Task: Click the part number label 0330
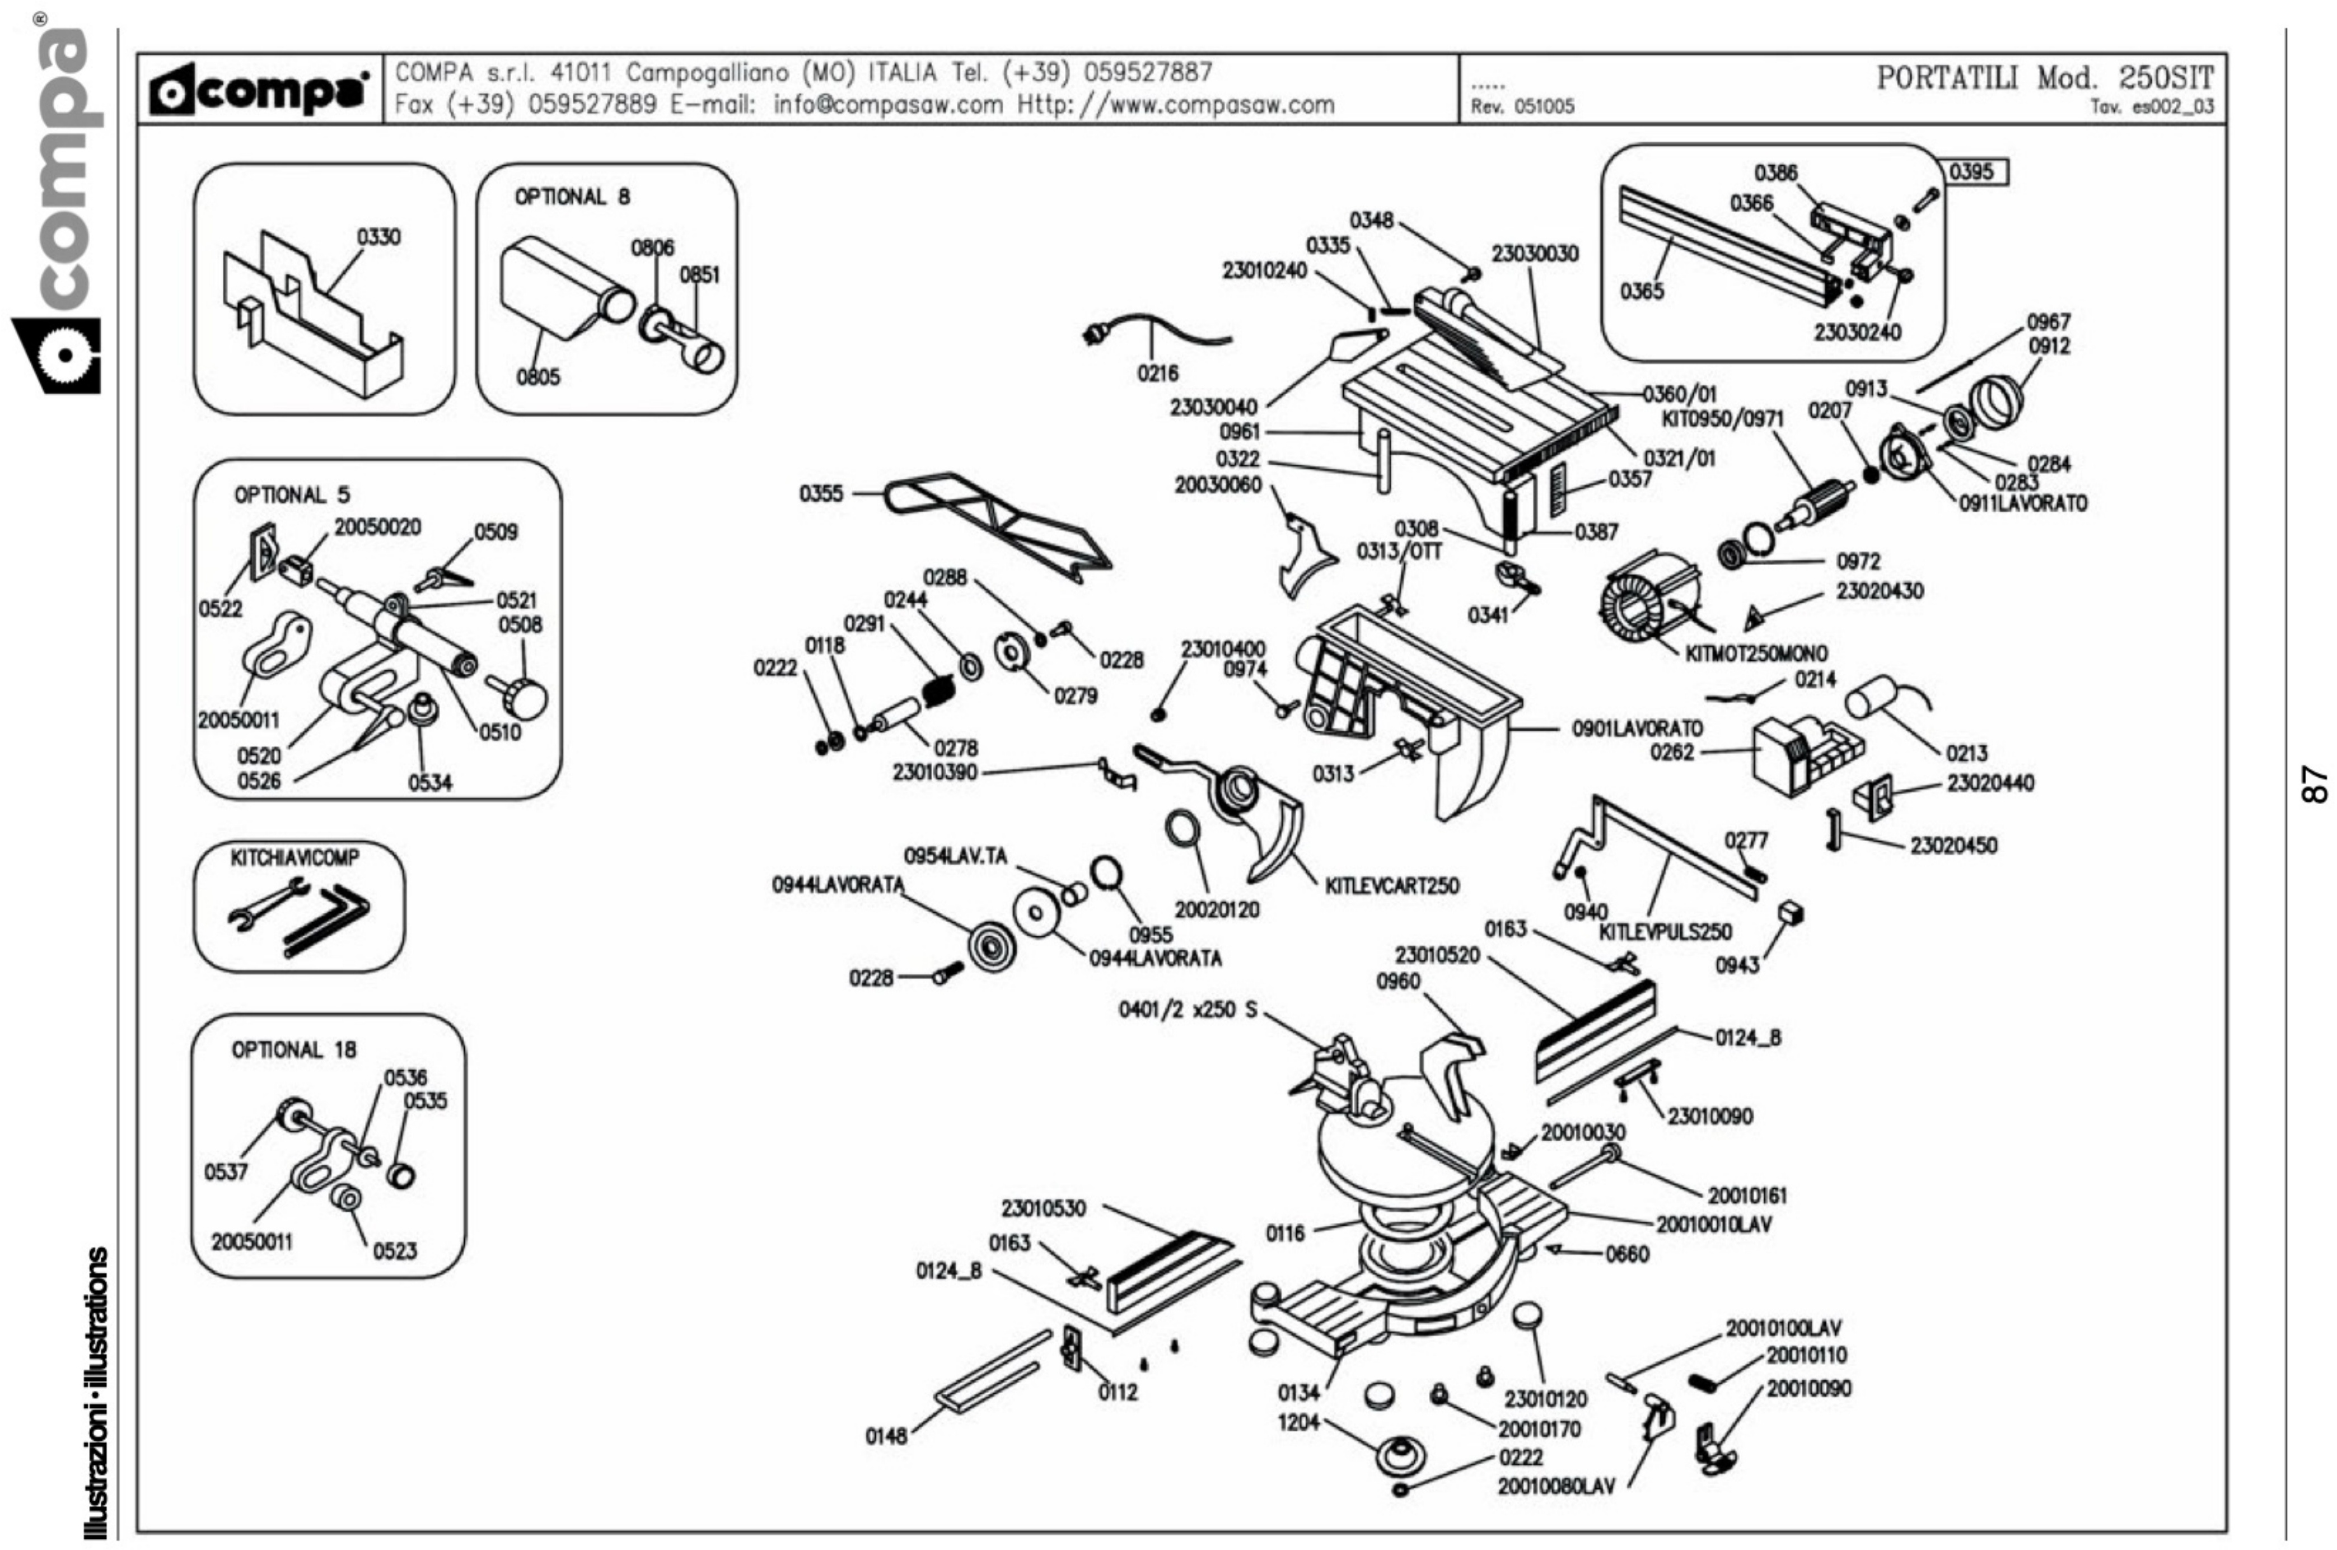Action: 378,237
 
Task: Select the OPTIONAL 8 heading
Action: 571,197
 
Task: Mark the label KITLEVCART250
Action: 1391,886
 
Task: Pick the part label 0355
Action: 821,493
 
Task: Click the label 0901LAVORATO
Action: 1637,729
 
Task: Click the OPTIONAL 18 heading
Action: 293,1050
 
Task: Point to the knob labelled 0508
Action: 527,699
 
